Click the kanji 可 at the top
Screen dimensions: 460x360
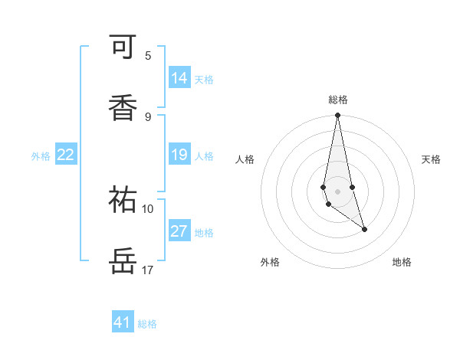click(123, 47)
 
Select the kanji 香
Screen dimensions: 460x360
click(123, 106)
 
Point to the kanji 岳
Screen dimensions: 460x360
click(123, 260)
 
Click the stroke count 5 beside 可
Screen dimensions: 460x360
click(148, 55)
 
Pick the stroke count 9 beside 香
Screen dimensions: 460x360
click(148, 116)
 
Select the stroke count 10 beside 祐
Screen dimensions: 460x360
click(148, 208)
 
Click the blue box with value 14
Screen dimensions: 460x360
click(179, 78)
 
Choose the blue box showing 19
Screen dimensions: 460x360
click(179, 155)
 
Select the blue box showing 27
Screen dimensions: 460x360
click(179, 231)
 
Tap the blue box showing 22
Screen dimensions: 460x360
click(66, 155)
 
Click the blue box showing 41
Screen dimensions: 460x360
click(123, 322)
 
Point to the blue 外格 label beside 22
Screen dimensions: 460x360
click(41, 156)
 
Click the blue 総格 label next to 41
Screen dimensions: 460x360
click(147, 324)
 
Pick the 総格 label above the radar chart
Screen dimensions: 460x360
click(338, 100)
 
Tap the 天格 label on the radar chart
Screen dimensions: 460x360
click(431, 159)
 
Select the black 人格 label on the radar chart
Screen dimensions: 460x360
click(245, 159)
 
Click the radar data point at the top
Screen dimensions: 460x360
click(337, 116)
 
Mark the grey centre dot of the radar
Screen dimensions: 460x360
click(337, 191)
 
